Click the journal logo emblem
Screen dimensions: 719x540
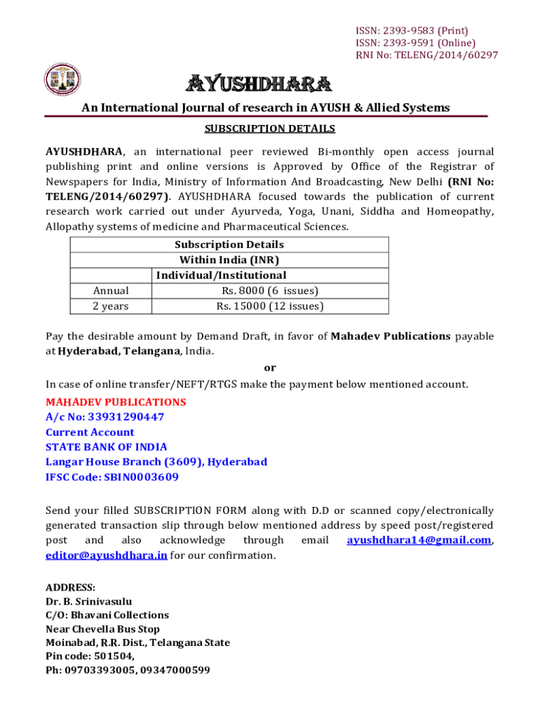click(63, 80)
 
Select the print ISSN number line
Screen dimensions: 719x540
click(412, 30)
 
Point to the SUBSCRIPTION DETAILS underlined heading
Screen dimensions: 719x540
click(270, 128)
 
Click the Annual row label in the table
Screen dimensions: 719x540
click(111, 291)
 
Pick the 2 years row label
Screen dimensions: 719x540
click(111, 306)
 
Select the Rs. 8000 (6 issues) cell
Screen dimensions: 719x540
click(270, 291)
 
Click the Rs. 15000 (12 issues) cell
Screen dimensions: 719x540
click(270, 306)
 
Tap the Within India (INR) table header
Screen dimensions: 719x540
click(229, 260)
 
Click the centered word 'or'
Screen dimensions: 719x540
click(270, 367)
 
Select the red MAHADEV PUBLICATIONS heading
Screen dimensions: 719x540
click(116, 402)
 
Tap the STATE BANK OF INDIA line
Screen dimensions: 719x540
click(107, 447)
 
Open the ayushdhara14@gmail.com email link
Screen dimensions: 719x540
click(419, 540)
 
